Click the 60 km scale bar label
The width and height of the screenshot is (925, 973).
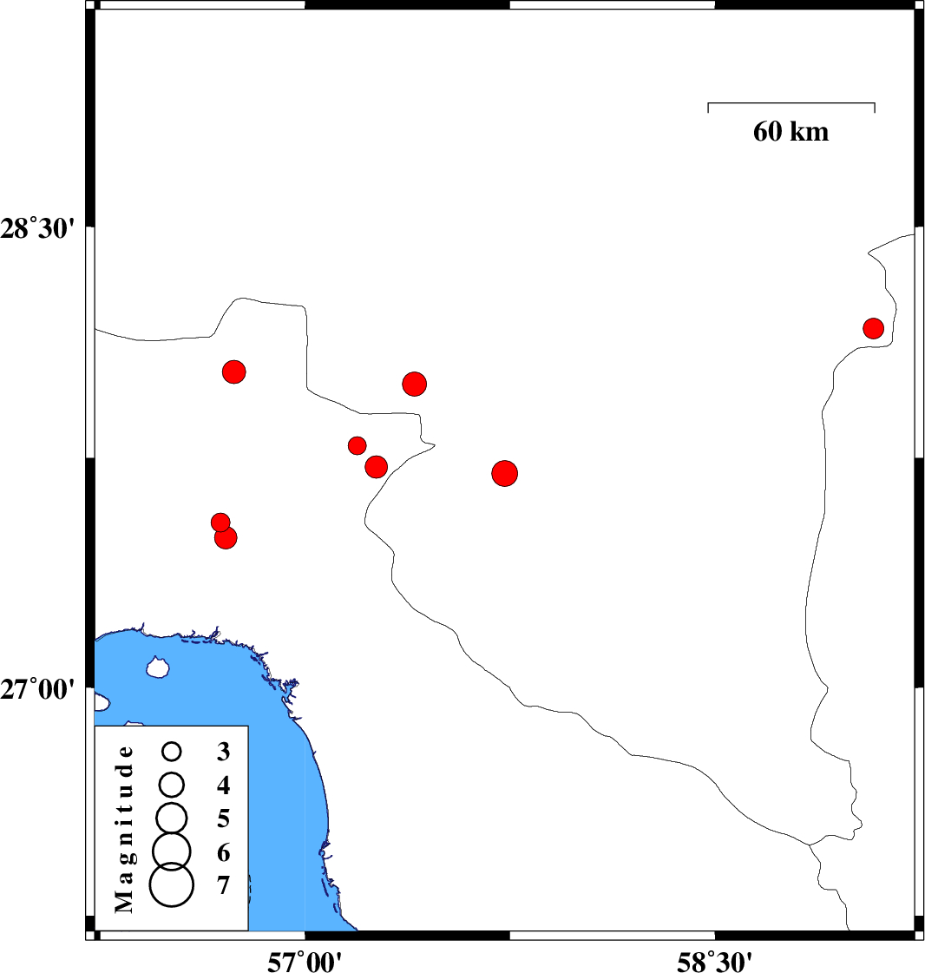pyautogui.click(x=791, y=132)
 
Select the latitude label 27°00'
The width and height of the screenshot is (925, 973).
pyautogui.click(x=37, y=689)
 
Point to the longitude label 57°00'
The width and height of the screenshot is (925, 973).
pyautogui.click(x=305, y=961)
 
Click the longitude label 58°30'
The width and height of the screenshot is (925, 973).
pyautogui.click(x=714, y=961)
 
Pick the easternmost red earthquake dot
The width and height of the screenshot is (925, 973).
pyautogui.click(x=873, y=328)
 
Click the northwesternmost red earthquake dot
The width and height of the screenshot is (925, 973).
pyautogui.click(x=234, y=371)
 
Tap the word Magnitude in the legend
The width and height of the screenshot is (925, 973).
pyautogui.click(x=124, y=829)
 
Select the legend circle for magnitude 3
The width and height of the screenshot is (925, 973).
pyautogui.click(x=172, y=752)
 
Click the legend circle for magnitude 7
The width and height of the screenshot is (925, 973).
pyautogui.click(x=172, y=884)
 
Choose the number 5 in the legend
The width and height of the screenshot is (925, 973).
pyautogui.click(x=223, y=819)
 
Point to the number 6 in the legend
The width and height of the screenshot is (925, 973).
pyautogui.click(x=223, y=852)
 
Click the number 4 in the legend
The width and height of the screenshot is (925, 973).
pyautogui.click(x=223, y=786)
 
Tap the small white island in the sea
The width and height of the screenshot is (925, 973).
pyautogui.click(x=158, y=667)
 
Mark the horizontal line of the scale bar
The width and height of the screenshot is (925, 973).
pyautogui.click(x=791, y=103)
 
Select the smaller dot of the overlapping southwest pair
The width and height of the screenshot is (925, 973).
pyautogui.click(x=220, y=523)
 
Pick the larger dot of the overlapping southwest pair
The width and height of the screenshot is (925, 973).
pyautogui.click(x=226, y=537)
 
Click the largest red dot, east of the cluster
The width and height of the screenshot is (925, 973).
pyautogui.click(x=505, y=473)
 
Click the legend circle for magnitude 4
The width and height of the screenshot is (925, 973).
pyautogui.click(x=172, y=785)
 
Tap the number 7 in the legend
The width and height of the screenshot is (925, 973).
pyautogui.click(x=223, y=885)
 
